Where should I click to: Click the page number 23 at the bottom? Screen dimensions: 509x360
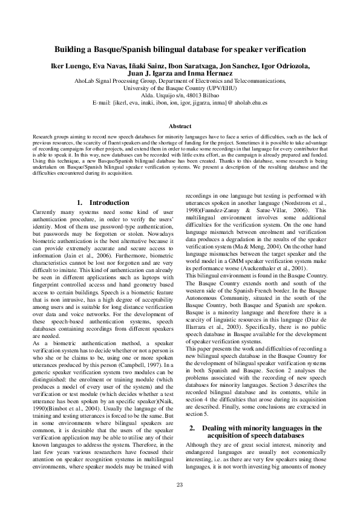pyautogui.click(x=180, y=485)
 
